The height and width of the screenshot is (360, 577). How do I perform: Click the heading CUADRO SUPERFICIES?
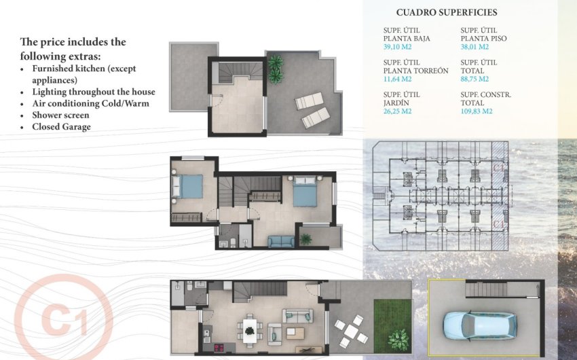447,12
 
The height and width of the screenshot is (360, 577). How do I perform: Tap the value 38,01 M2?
474,48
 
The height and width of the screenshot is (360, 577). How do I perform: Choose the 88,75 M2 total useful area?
474,79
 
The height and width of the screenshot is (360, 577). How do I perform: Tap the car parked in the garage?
479,325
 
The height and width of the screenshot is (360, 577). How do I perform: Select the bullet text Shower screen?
60,115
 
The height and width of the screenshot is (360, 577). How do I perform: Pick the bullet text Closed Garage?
61,126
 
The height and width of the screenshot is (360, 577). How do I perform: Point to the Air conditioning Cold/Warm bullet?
90,103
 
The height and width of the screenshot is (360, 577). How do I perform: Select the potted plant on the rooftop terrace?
276,66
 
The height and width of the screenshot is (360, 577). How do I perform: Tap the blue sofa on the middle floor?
280,241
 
